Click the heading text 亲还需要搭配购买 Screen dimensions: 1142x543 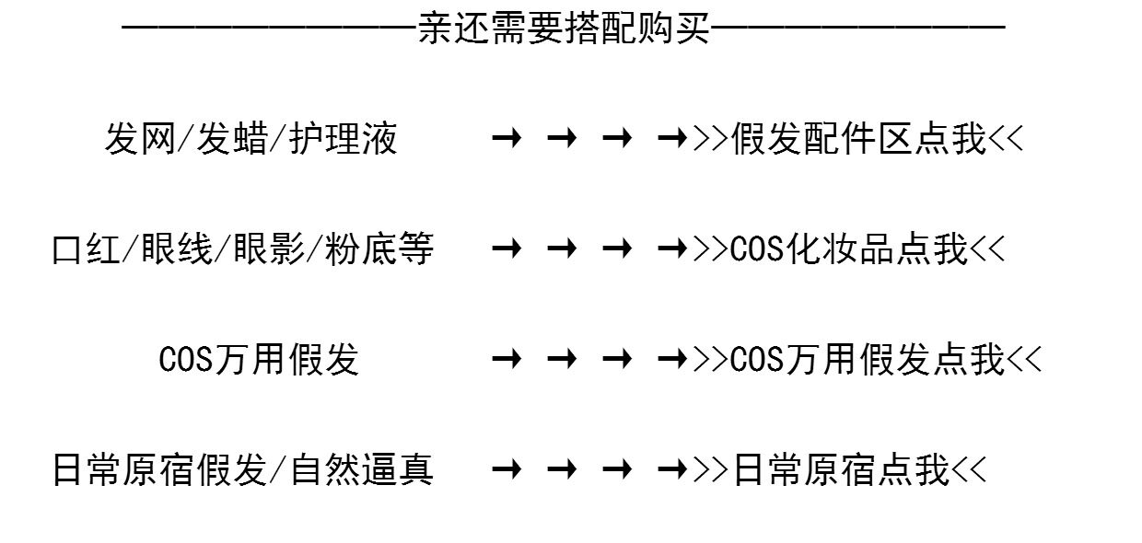pos(564,29)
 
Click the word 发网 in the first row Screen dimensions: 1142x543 pos(138,139)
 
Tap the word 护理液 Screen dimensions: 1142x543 pos(343,139)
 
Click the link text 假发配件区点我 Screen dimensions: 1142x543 pos(858,139)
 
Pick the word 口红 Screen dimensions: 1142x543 pos(86,249)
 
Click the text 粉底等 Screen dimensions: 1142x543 pos(379,249)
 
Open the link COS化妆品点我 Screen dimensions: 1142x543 pos(849,249)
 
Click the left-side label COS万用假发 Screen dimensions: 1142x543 pos(259,360)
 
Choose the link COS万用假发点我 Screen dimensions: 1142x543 pos(867,360)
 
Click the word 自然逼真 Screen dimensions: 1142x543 pos(361,470)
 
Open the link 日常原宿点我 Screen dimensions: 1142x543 pos(840,470)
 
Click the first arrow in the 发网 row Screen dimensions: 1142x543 pos(507,139)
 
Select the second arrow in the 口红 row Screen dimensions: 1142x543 pos(562,249)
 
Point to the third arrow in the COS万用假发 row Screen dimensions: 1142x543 pos(617,360)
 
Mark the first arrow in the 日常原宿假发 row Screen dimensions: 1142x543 pos(507,470)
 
